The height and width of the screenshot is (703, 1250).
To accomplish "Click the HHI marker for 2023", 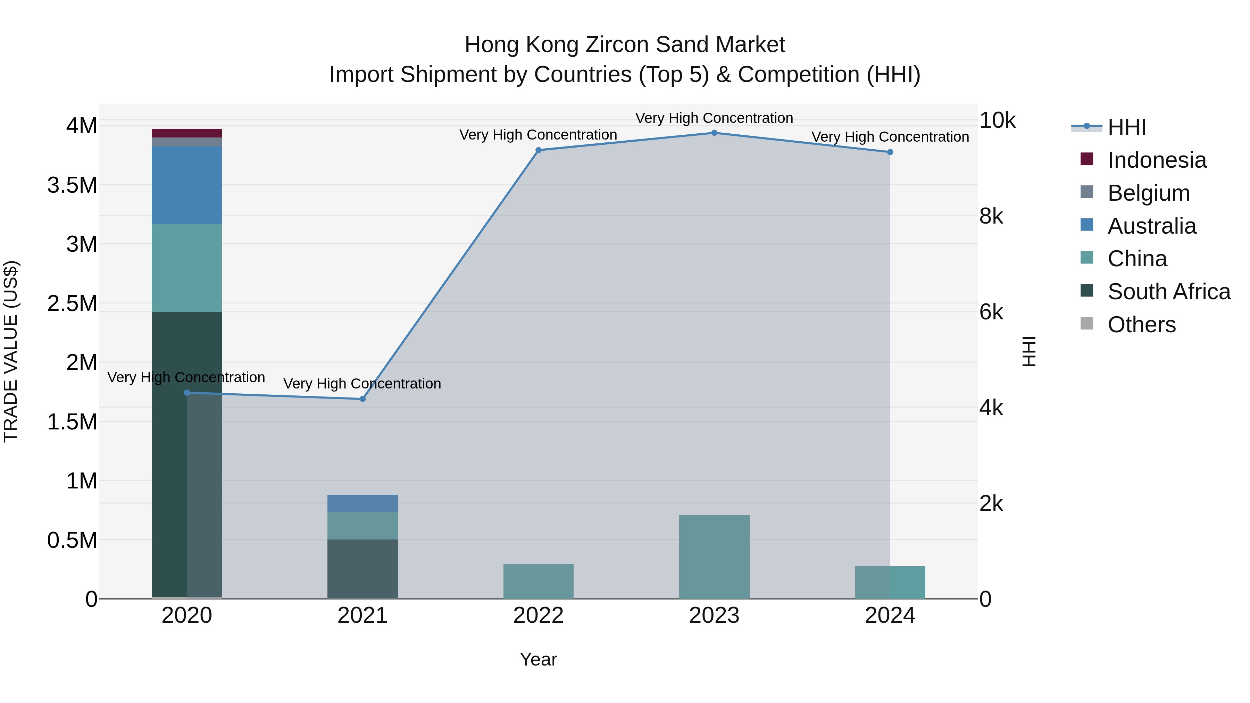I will pyautogui.click(x=714, y=133).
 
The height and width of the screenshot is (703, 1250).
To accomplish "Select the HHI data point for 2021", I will pyautogui.click(x=362, y=399).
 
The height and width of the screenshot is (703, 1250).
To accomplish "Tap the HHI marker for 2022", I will pyautogui.click(x=538, y=150).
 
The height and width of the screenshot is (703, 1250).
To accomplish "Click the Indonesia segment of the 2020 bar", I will pyautogui.click(x=187, y=133).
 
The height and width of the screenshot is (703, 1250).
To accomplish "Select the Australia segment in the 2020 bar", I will pyautogui.click(x=187, y=185).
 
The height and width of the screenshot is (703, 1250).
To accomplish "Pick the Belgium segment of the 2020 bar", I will pyautogui.click(x=187, y=142).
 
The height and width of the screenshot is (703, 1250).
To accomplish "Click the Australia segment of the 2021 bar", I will pyautogui.click(x=362, y=503).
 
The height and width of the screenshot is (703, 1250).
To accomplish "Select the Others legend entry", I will pyautogui.click(x=1141, y=325).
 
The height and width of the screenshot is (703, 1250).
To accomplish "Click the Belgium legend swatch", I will pyautogui.click(x=1087, y=192).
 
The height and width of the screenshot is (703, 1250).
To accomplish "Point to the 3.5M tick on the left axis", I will pyautogui.click(x=72, y=185).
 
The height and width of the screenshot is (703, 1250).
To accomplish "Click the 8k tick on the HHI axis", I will pyautogui.click(x=991, y=216).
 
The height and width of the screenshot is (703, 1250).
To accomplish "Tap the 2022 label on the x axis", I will pyautogui.click(x=538, y=616).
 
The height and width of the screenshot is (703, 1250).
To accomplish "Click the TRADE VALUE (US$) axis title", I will pyautogui.click(x=11, y=351).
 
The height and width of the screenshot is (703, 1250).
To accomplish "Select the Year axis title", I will pyautogui.click(x=538, y=659).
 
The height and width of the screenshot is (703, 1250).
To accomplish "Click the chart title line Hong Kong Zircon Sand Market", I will pyautogui.click(x=625, y=45).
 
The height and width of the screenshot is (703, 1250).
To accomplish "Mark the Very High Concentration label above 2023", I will pyautogui.click(x=714, y=118).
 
